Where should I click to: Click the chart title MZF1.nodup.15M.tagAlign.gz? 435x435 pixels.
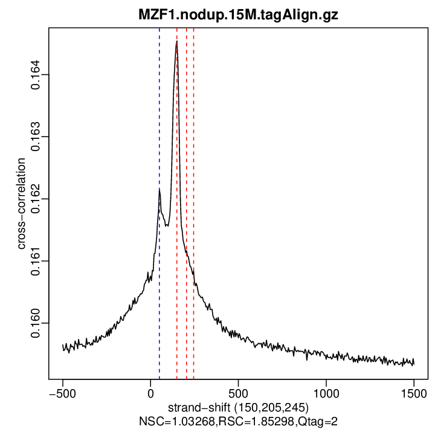click(238, 14)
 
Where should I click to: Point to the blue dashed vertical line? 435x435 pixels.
click(159, 121)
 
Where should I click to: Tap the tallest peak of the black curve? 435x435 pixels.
click(176, 42)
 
